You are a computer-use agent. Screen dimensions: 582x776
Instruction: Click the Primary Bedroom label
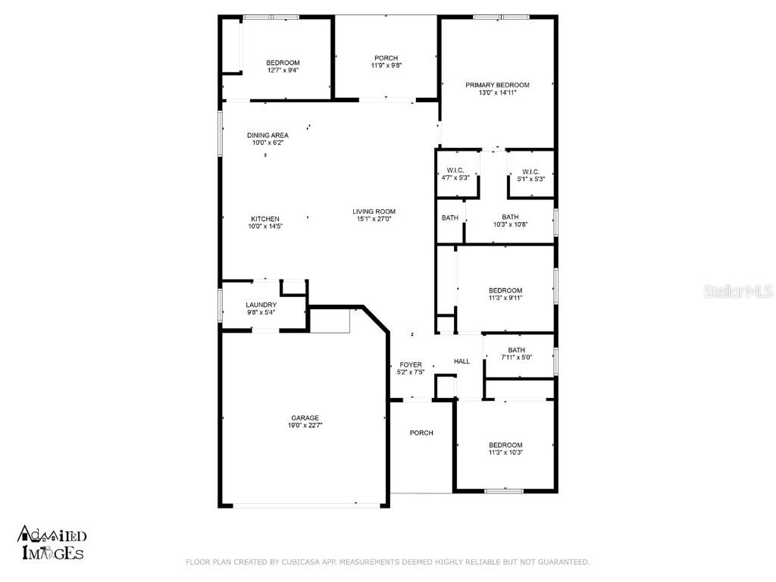pyautogui.click(x=497, y=85)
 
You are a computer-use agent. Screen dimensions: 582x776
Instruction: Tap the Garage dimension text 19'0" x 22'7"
pyautogui.click(x=305, y=426)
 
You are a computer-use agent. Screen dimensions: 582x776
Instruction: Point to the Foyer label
pyautogui.click(x=411, y=365)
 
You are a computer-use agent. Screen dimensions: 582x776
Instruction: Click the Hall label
pyautogui.click(x=462, y=361)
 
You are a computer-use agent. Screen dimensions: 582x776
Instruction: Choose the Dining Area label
pyautogui.click(x=268, y=135)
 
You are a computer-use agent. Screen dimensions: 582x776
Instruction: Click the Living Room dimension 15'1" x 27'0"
pyautogui.click(x=374, y=220)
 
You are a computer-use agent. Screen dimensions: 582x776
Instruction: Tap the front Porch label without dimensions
pyautogui.click(x=421, y=433)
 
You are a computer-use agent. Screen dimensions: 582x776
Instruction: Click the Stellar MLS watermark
pyautogui.click(x=738, y=291)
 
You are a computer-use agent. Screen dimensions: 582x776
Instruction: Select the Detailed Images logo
pyautogui.click(x=52, y=543)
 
